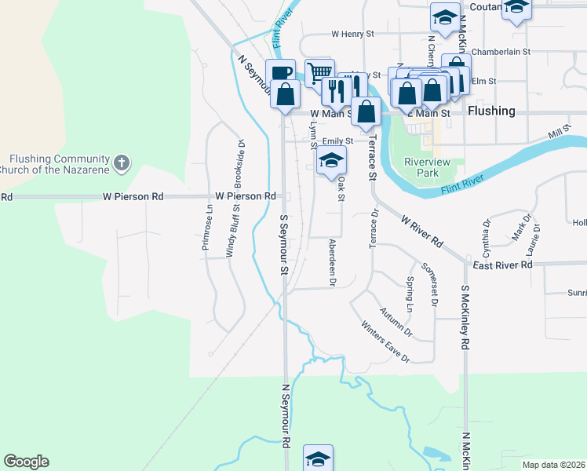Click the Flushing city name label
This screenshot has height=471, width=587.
tap(491, 111)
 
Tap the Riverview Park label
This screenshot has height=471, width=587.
tap(425, 167)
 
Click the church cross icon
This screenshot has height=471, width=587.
tap(120, 162)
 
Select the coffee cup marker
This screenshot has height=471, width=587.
tap(280, 73)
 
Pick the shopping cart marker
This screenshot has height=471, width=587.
tap(319, 73)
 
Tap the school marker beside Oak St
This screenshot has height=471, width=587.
tap(332, 162)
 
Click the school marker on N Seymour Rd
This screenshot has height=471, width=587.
tap(318, 458)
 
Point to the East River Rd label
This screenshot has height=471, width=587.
tap(502, 265)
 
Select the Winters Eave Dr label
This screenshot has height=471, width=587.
tap(385, 341)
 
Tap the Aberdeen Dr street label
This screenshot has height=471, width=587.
tap(333, 262)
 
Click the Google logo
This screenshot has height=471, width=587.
tap(26, 462)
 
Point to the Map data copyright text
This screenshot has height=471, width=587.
tap(554, 465)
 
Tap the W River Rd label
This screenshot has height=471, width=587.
tap(422, 230)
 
